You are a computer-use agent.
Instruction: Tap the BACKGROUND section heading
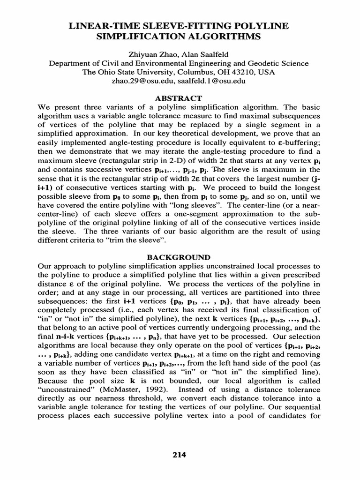pyautogui.click(x=180, y=257)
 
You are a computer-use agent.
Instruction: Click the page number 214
pyautogui.click(x=180, y=454)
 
